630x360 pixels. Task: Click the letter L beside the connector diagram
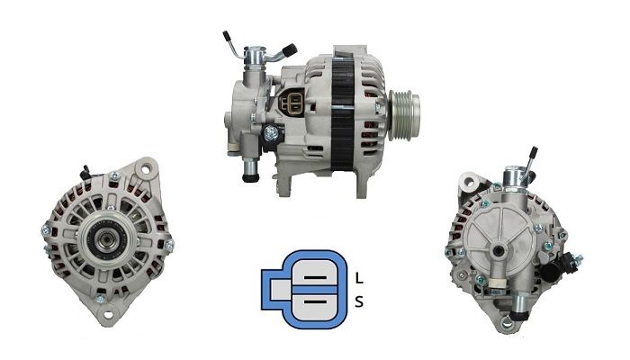(359, 278)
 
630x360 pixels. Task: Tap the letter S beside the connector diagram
(359, 301)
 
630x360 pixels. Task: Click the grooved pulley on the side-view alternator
(403, 115)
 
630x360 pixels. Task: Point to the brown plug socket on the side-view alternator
(292, 103)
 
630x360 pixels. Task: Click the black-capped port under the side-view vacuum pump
(250, 176)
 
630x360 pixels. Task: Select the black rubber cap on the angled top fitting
(290, 49)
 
